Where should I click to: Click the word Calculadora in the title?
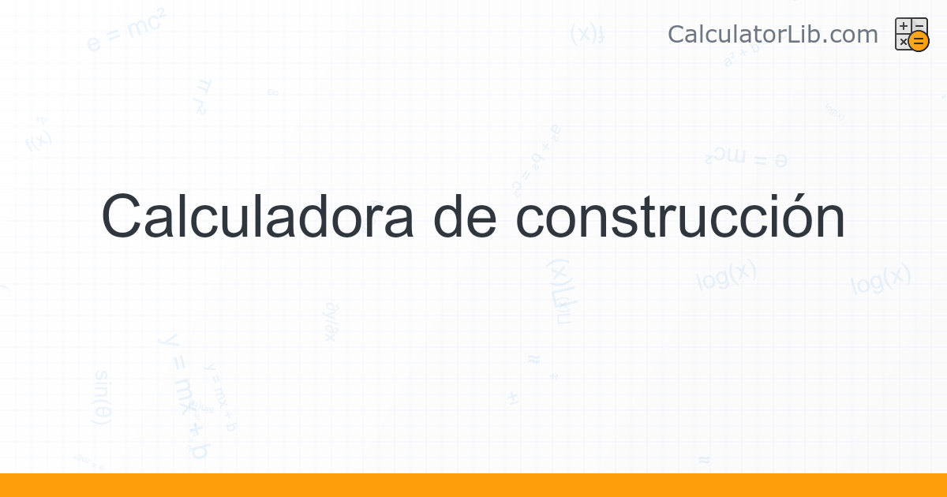(x=257, y=217)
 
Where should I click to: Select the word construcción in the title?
(x=680, y=217)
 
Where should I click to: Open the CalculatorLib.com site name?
(x=773, y=35)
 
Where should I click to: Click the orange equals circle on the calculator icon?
(x=919, y=42)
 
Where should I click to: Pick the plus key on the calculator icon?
(x=904, y=27)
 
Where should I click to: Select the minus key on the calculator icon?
(x=919, y=26)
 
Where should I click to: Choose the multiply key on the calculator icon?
(x=903, y=42)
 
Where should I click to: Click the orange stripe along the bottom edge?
(x=473, y=485)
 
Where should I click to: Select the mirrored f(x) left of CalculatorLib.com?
(x=587, y=34)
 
